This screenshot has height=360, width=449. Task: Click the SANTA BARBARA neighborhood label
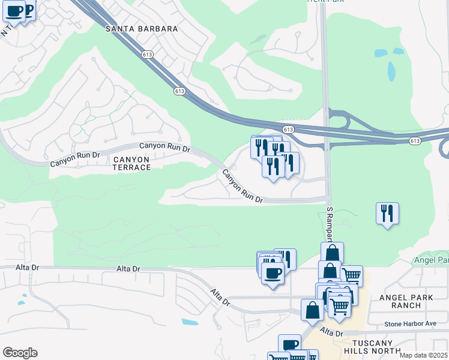click(142, 28)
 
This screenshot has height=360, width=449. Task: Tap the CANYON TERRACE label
click(131, 163)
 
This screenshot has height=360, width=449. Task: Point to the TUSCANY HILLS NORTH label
click(373, 346)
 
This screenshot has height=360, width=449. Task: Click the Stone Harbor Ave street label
click(410, 324)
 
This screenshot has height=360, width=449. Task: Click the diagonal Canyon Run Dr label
click(243, 186)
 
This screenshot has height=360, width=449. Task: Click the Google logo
click(20, 353)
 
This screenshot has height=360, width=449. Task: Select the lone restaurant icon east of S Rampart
click(387, 214)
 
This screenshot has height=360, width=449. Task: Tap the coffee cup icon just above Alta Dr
click(273, 274)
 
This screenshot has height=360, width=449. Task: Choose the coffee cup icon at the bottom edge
click(289, 345)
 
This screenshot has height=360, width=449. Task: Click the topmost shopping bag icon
click(332, 253)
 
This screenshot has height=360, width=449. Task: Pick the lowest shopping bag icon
click(312, 310)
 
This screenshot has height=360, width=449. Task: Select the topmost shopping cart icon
click(352, 276)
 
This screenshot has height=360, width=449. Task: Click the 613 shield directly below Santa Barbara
click(148, 54)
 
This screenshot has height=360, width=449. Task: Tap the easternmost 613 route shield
click(415, 140)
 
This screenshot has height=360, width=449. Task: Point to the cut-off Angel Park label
click(431, 260)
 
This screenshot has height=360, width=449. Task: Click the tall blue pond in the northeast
click(391, 71)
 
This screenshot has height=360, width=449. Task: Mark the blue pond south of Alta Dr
click(189, 322)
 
